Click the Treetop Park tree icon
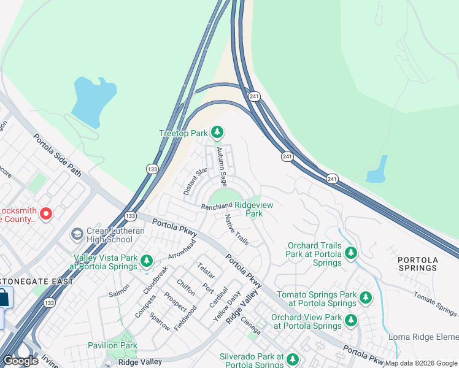click(217, 132)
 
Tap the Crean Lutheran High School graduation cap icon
click(77, 234)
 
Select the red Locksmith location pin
click(46, 213)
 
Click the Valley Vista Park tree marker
click(146, 261)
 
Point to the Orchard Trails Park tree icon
click(350, 253)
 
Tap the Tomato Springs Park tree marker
click(366, 298)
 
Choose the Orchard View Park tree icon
click(350, 320)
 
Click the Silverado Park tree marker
click(293, 359)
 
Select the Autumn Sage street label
click(224, 167)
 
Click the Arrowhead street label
click(182, 250)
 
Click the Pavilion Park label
click(112, 345)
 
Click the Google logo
click(20, 361)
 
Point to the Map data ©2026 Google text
click(421, 363)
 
